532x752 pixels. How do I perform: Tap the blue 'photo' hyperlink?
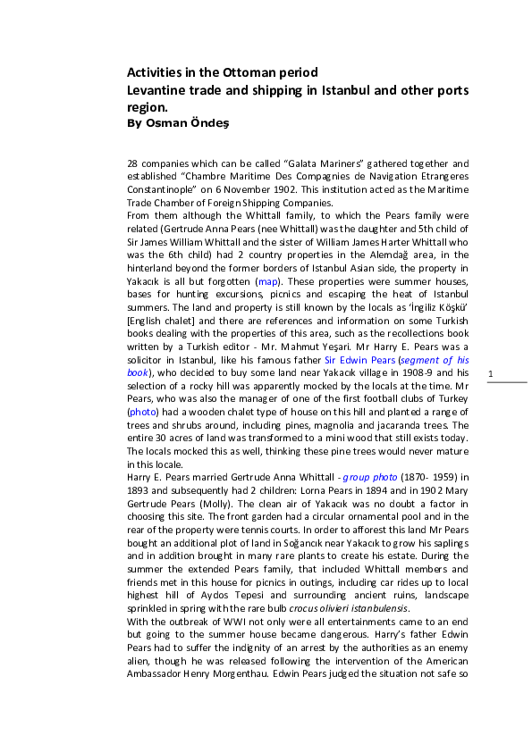(142, 413)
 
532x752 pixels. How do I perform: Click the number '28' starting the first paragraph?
(132, 163)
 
